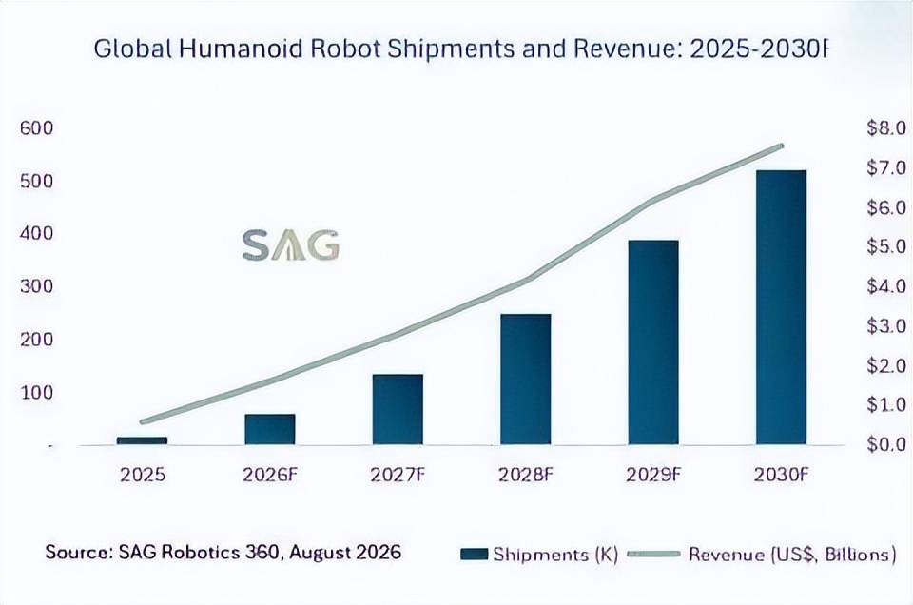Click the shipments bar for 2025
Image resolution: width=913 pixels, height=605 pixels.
[142, 440]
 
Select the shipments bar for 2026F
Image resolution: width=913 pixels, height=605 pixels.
[270, 430]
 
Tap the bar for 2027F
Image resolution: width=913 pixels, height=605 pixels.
[398, 410]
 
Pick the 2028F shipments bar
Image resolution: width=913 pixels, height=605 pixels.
[526, 380]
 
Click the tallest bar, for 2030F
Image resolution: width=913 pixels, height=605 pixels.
[782, 308]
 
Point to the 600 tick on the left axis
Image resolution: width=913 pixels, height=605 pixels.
[36, 128]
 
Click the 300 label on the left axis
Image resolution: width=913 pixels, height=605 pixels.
[36, 286]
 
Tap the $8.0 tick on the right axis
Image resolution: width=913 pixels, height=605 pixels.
[886, 128]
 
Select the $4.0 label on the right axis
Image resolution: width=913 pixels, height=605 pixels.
[886, 286]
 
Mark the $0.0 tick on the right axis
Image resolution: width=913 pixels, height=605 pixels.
[886, 444]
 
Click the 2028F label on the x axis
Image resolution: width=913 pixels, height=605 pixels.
[525, 475]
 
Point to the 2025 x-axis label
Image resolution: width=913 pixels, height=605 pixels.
[143, 475]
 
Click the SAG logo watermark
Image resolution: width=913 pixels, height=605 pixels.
[291, 245]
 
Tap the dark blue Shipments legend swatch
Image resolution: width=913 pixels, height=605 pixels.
[474, 555]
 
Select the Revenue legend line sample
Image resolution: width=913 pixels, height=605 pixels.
[653, 554]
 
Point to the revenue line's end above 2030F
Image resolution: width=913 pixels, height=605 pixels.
[782, 146]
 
